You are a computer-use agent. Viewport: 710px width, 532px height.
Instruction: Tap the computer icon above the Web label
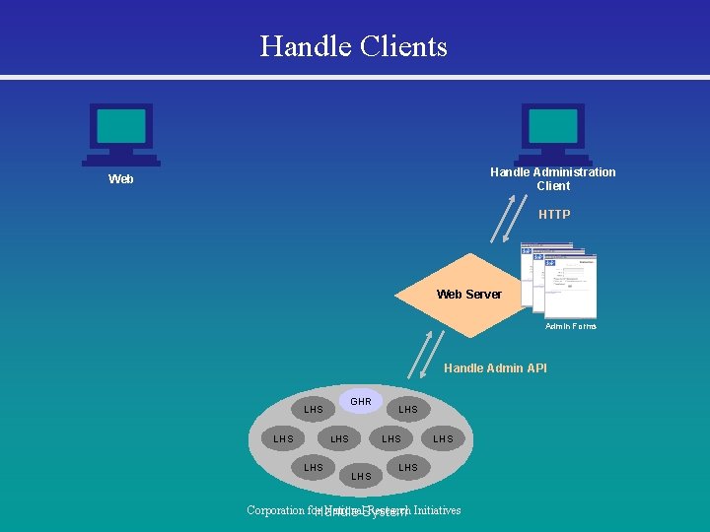(x=121, y=134)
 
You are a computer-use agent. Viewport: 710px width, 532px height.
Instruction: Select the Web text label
(x=121, y=179)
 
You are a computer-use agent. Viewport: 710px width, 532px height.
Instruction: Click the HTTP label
(x=554, y=214)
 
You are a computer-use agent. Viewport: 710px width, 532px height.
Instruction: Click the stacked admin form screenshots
(x=558, y=279)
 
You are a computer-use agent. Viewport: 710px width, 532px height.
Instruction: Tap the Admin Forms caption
(x=572, y=326)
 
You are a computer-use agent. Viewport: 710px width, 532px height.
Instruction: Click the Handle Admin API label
(x=495, y=368)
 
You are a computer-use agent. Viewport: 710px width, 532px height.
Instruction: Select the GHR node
(x=361, y=401)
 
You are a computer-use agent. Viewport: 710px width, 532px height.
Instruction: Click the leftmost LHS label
(x=283, y=438)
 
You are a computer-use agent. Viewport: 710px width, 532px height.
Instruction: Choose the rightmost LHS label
(x=443, y=438)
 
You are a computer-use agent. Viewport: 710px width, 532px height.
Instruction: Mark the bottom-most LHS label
(x=361, y=477)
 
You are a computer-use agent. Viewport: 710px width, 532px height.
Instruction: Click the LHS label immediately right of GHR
(x=408, y=409)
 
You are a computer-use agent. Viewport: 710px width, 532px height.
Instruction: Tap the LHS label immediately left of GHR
(x=314, y=409)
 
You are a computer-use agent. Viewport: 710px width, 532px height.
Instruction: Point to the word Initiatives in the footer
(x=437, y=510)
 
